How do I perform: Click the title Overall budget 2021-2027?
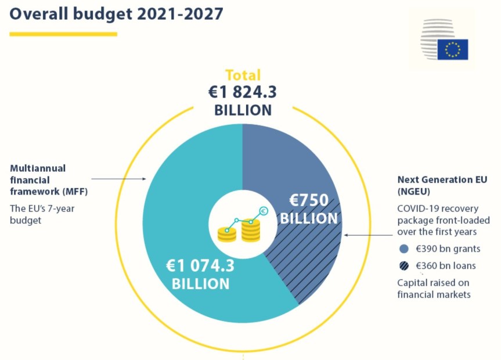pyautogui.click(x=116, y=14)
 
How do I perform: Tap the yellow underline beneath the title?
pyautogui.click(x=63, y=34)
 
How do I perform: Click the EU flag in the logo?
pyautogui.click(x=452, y=50)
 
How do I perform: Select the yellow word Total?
pyautogui.click(x=243, y=75)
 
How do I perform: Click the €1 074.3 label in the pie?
pyautogui.click(x=200, y=266)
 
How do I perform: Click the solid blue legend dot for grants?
pyautogui.click(x=405, y=249)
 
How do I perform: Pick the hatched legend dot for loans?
pyautogui.click(x=405, y=266)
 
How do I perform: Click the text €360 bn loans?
pyautogui.click(x=445, y=266)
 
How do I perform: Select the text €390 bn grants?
pyautogui.click(x=447, y=249)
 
